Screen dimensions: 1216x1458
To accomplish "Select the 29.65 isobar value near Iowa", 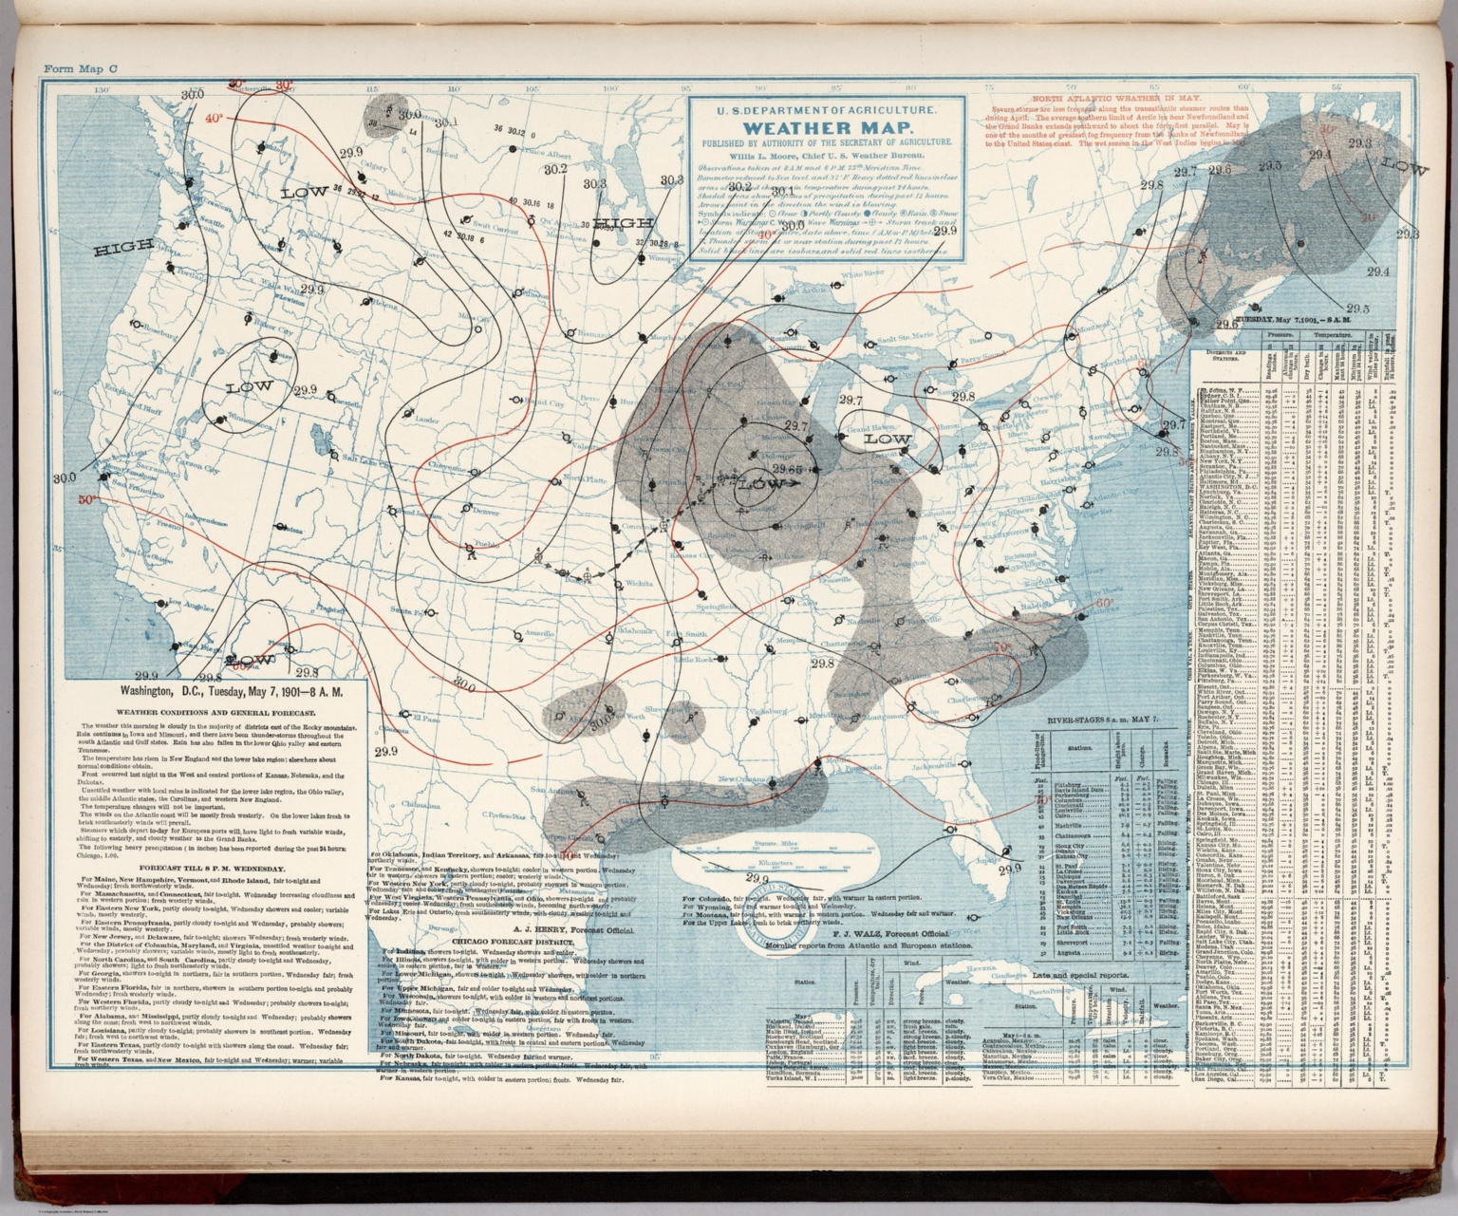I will click(x=788, y=469).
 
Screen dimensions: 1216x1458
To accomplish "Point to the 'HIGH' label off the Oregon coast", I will click(x=119, y=251).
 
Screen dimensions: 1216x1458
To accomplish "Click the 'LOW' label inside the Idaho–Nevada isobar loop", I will click(x=250, y=386).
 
